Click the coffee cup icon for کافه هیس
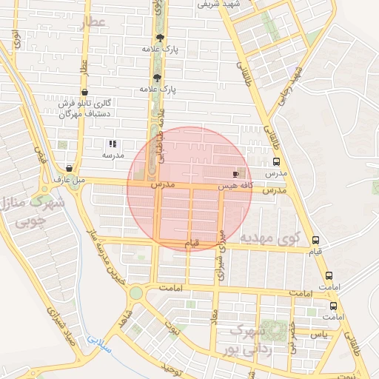click(x=235, y=175)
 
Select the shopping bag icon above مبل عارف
click(x=69, y=168)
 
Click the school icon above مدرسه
click(x=112, y=144)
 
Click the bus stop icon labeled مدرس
click(x=276, y=162)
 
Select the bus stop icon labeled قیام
click(x=316, y=241)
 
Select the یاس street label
click(x=319, y=335)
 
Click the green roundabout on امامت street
click(x=136, y=292)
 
